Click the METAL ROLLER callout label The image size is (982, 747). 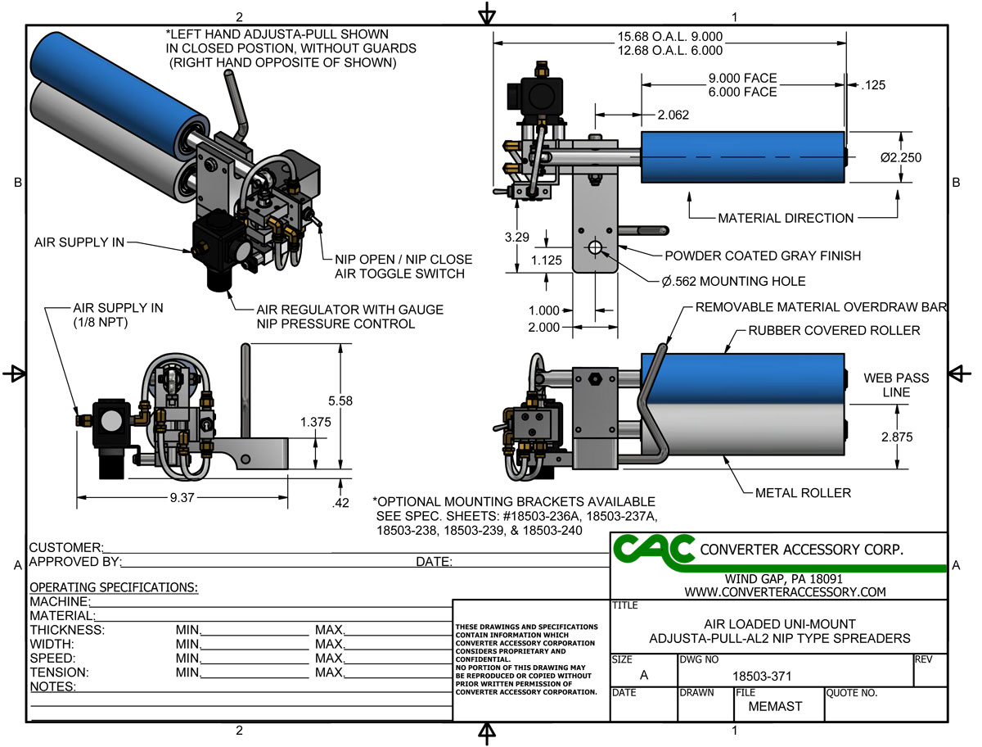[803, 492]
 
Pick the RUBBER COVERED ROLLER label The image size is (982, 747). [834, 330]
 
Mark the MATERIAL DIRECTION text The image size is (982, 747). [786, 218]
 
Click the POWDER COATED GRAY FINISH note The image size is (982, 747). [763, 256]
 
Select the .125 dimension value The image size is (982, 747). [874, 84]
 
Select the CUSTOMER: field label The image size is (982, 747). [65, 547]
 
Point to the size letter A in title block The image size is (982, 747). [643, 675]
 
